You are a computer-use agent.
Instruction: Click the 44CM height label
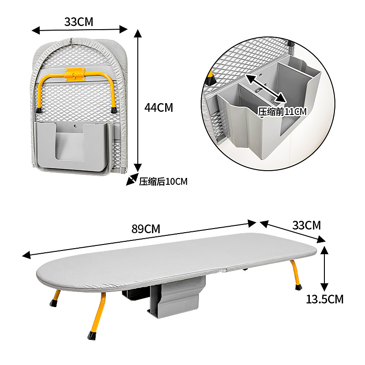click(158, 108)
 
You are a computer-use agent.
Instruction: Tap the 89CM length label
click(146, 229)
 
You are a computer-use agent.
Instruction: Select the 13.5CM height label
click(324, 300)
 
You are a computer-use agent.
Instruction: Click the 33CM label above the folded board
click(79, 21)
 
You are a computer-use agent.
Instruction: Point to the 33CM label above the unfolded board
click(306, 225)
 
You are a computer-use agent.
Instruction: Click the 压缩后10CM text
click(163, 182)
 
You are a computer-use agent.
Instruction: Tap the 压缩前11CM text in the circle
click(282, 111)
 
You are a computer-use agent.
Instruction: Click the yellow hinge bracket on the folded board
click(75, 74)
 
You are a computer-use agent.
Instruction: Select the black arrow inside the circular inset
click(266, 88)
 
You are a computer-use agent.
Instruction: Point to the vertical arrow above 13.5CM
click(324, 268)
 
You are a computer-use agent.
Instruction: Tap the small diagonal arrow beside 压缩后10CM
click(132, 180)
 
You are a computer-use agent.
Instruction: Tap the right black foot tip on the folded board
click(113, 109)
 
